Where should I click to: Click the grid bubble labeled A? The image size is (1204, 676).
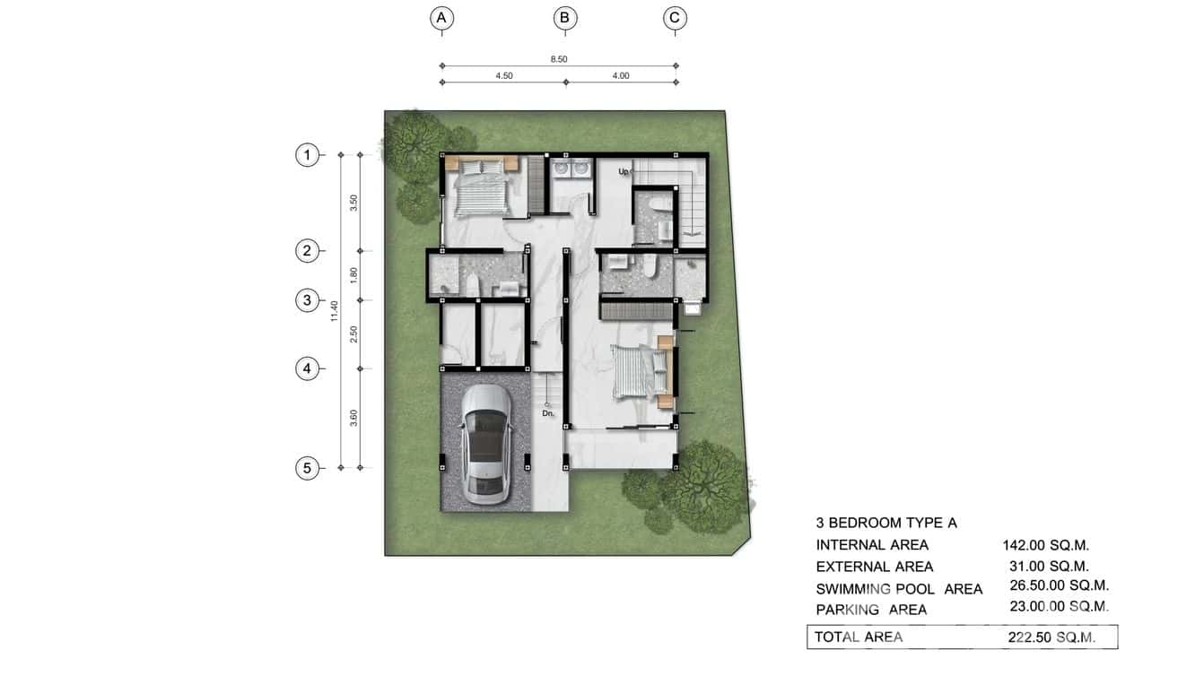click(x=441, y=17)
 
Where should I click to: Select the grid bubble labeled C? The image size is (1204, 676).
click(x=675, y=17)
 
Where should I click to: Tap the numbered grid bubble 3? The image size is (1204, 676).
click(x=307, y=299)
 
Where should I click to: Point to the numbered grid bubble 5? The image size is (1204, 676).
click(x=307, y=468)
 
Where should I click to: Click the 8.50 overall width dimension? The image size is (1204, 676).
click(x=558, y=59)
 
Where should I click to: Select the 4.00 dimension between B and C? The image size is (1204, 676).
click(x=620, y=76)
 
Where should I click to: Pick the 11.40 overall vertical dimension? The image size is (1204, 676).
click(x=334, y=311)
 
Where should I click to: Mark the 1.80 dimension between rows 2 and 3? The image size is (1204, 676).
click(x=354, y=274)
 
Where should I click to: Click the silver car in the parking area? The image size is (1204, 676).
click(x=484, y=442)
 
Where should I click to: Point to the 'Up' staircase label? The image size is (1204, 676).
click(x=624, y=170)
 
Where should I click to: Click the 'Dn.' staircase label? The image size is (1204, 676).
click(x=548, y=413)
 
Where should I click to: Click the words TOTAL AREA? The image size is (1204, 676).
click(x=859, y=637)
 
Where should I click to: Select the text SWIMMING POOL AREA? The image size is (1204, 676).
click(x=899, y=589)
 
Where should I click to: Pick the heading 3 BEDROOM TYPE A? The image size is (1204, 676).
click(x=886, y=523)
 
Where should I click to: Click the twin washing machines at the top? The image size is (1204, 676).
click(x=571, y=169)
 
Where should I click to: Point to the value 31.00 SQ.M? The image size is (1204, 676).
click(x=1049, y=567)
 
